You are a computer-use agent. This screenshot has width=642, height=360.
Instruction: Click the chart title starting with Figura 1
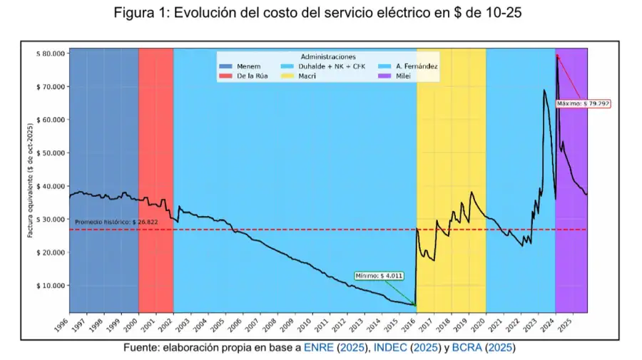321,14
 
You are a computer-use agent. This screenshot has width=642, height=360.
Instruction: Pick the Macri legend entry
307,76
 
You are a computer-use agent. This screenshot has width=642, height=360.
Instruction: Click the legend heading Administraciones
328,56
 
